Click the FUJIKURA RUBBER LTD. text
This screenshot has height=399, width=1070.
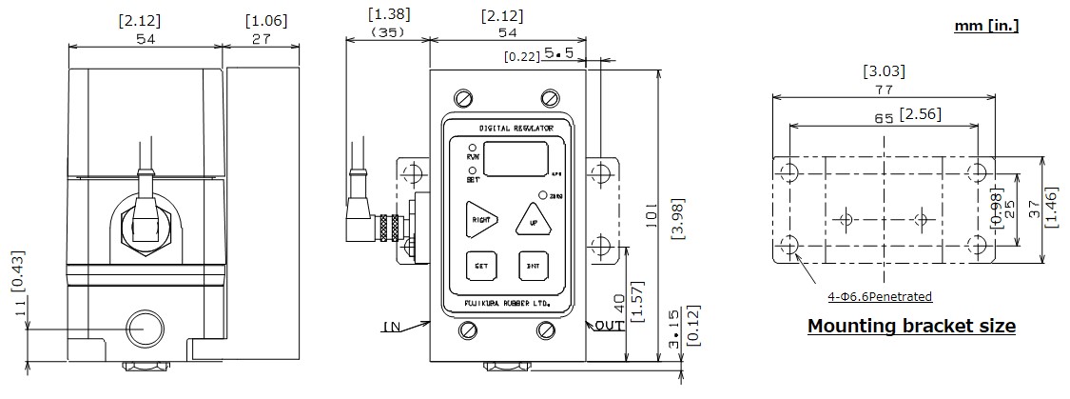(507, 303)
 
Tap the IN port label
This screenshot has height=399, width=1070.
(391, 327)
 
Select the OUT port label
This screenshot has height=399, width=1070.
(609, 327)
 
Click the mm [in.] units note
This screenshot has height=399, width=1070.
(986, 27)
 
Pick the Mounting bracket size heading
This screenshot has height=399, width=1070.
(911, 327)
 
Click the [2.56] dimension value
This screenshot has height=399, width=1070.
(919, 115)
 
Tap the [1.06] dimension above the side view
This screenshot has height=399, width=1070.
(265, 20)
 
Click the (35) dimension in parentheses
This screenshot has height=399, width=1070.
(387, 31)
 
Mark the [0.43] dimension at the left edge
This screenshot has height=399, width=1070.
(18, 270)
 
